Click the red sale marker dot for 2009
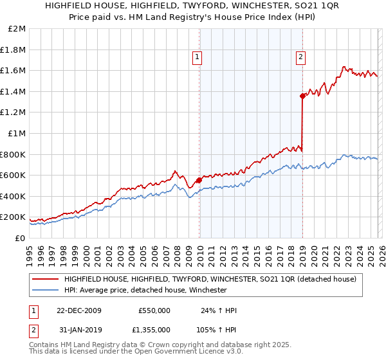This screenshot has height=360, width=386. pos(199,181)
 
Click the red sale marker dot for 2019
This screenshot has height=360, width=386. pos(302,96)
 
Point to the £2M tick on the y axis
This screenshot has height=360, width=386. pos(17,29)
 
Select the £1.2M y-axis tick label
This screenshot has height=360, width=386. pos(14,113)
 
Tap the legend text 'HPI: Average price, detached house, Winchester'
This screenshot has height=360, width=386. pos(145,290)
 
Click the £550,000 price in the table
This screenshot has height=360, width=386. pos(154,310)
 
